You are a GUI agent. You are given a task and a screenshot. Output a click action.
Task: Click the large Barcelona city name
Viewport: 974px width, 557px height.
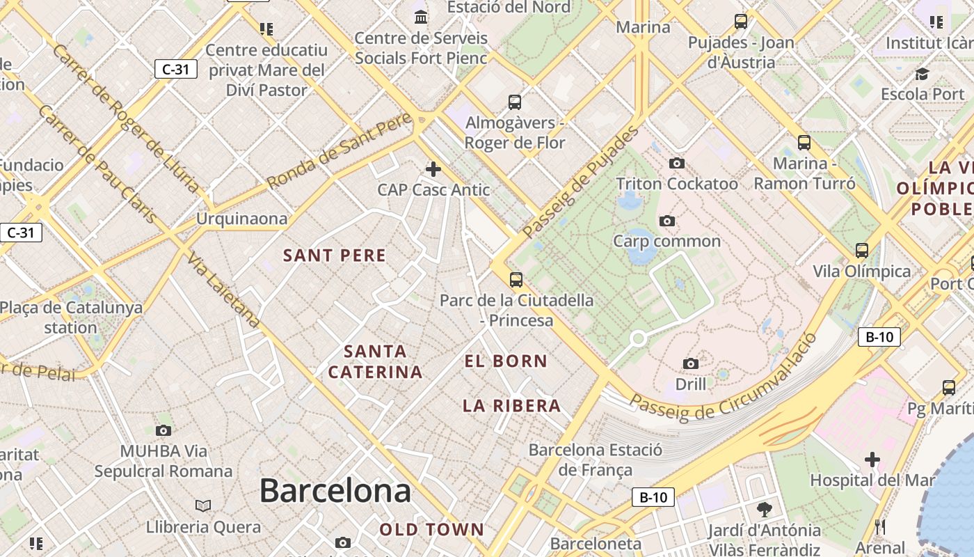[335, 491]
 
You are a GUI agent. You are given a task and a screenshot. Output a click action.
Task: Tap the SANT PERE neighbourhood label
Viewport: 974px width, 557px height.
[335, 256]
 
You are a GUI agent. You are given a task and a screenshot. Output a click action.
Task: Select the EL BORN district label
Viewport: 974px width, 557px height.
[506, 361]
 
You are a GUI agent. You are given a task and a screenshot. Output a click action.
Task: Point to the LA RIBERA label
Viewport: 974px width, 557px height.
[512, 405]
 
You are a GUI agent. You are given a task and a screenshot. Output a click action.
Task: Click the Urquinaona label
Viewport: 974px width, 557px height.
[241, 219]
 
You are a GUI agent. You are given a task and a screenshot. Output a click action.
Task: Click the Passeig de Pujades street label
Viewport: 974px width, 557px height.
[581, 182]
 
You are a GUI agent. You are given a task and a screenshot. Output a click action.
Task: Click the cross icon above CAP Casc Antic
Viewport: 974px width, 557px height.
[433, 169]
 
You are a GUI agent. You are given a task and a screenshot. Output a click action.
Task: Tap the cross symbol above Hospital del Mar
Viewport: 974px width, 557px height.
[872, 460]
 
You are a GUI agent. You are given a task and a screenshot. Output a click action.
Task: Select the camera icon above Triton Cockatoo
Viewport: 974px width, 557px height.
[676, 164]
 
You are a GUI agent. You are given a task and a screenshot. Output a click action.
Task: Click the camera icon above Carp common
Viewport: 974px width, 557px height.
[667, 221]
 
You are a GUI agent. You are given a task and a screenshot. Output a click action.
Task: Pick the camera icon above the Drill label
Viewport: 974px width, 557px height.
[691, 363]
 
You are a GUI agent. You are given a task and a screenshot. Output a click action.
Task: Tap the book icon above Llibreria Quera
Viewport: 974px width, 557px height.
[203, 505]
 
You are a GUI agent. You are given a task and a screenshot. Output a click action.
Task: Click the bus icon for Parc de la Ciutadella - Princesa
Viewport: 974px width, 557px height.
[516, 280]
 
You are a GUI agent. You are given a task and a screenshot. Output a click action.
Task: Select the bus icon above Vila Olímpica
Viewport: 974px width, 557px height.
[862, 251]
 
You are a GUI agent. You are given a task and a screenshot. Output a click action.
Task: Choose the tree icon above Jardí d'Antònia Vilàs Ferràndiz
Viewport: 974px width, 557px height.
[765, 510]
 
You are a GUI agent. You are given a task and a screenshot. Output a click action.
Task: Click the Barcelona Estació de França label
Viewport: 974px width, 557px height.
[595, 460]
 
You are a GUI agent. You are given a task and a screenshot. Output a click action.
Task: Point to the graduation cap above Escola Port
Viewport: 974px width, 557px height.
[923, 74]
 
